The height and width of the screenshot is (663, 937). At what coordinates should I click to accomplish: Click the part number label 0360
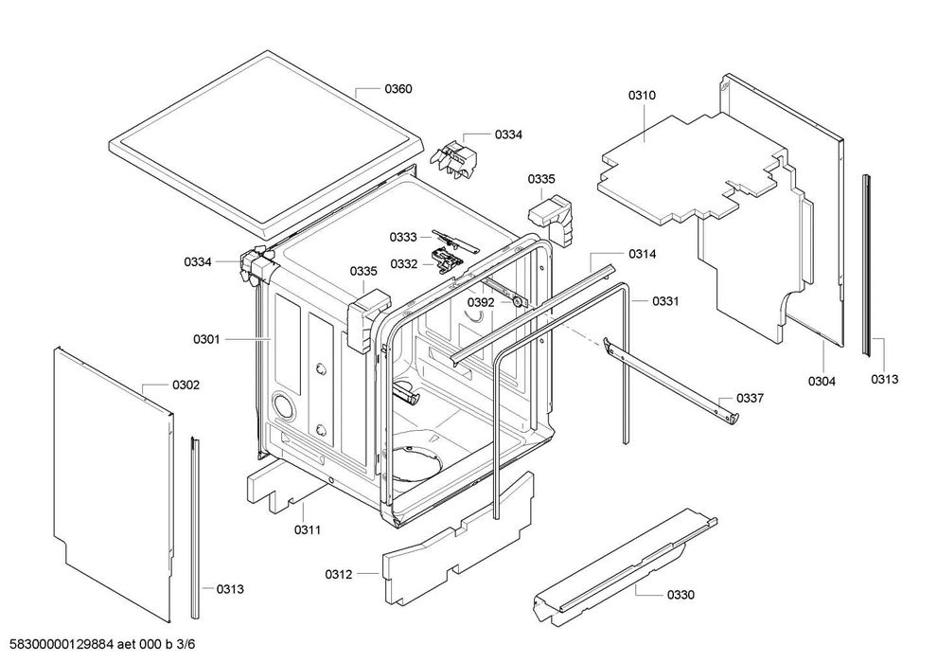coord(398,89)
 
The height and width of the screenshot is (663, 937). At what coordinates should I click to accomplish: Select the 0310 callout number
coord(642,96)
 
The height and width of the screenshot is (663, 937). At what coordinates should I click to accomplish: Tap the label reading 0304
coord(822,382)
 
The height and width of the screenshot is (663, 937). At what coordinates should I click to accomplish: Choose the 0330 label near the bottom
coord(681,595)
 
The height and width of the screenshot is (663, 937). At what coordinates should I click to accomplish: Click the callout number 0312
coord(339,574)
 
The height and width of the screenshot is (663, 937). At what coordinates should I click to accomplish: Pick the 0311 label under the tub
coord(307,530)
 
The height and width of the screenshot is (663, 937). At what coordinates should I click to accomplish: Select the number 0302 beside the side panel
coord(186,385)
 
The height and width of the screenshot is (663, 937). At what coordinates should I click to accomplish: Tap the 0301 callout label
coord(207,339)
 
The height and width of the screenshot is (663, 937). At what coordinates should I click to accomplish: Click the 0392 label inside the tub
coord(481,303)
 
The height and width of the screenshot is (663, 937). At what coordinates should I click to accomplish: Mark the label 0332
coord(404,263)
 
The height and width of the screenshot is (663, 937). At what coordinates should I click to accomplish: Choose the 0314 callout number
coord(642,255)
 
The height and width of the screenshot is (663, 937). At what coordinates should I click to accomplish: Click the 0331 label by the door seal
coord(665,301)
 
